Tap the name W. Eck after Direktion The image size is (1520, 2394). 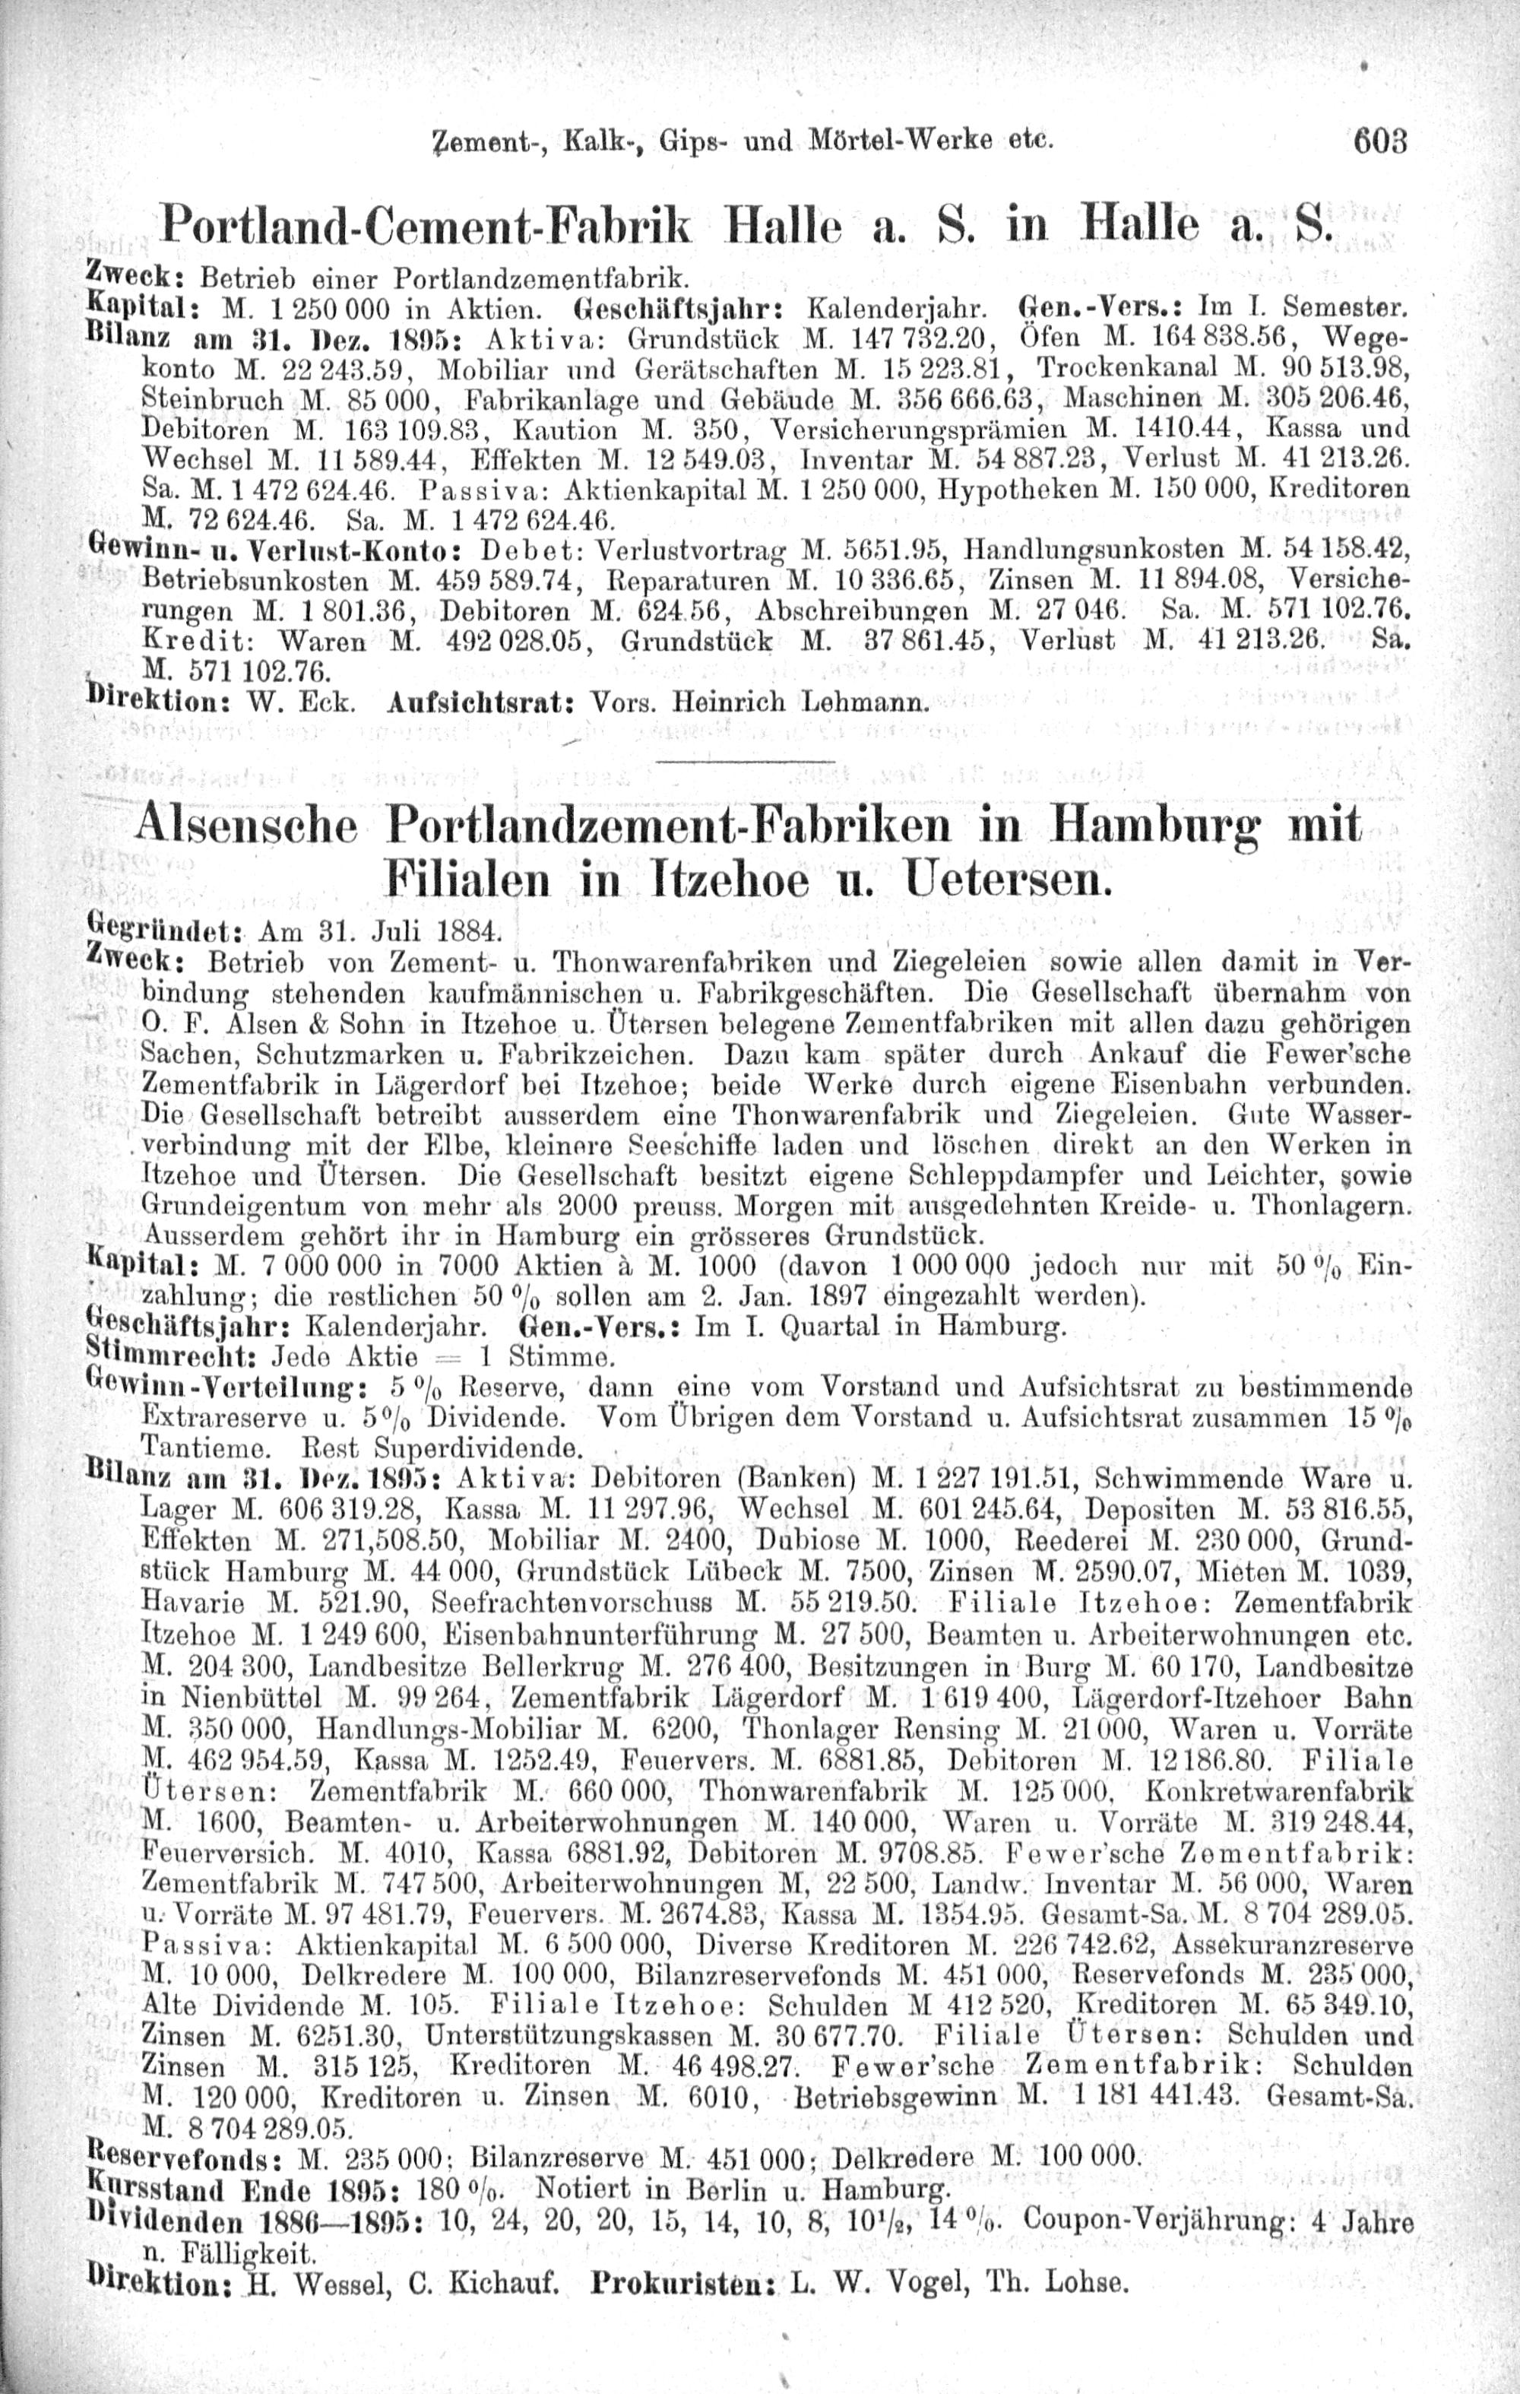(311, 704)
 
